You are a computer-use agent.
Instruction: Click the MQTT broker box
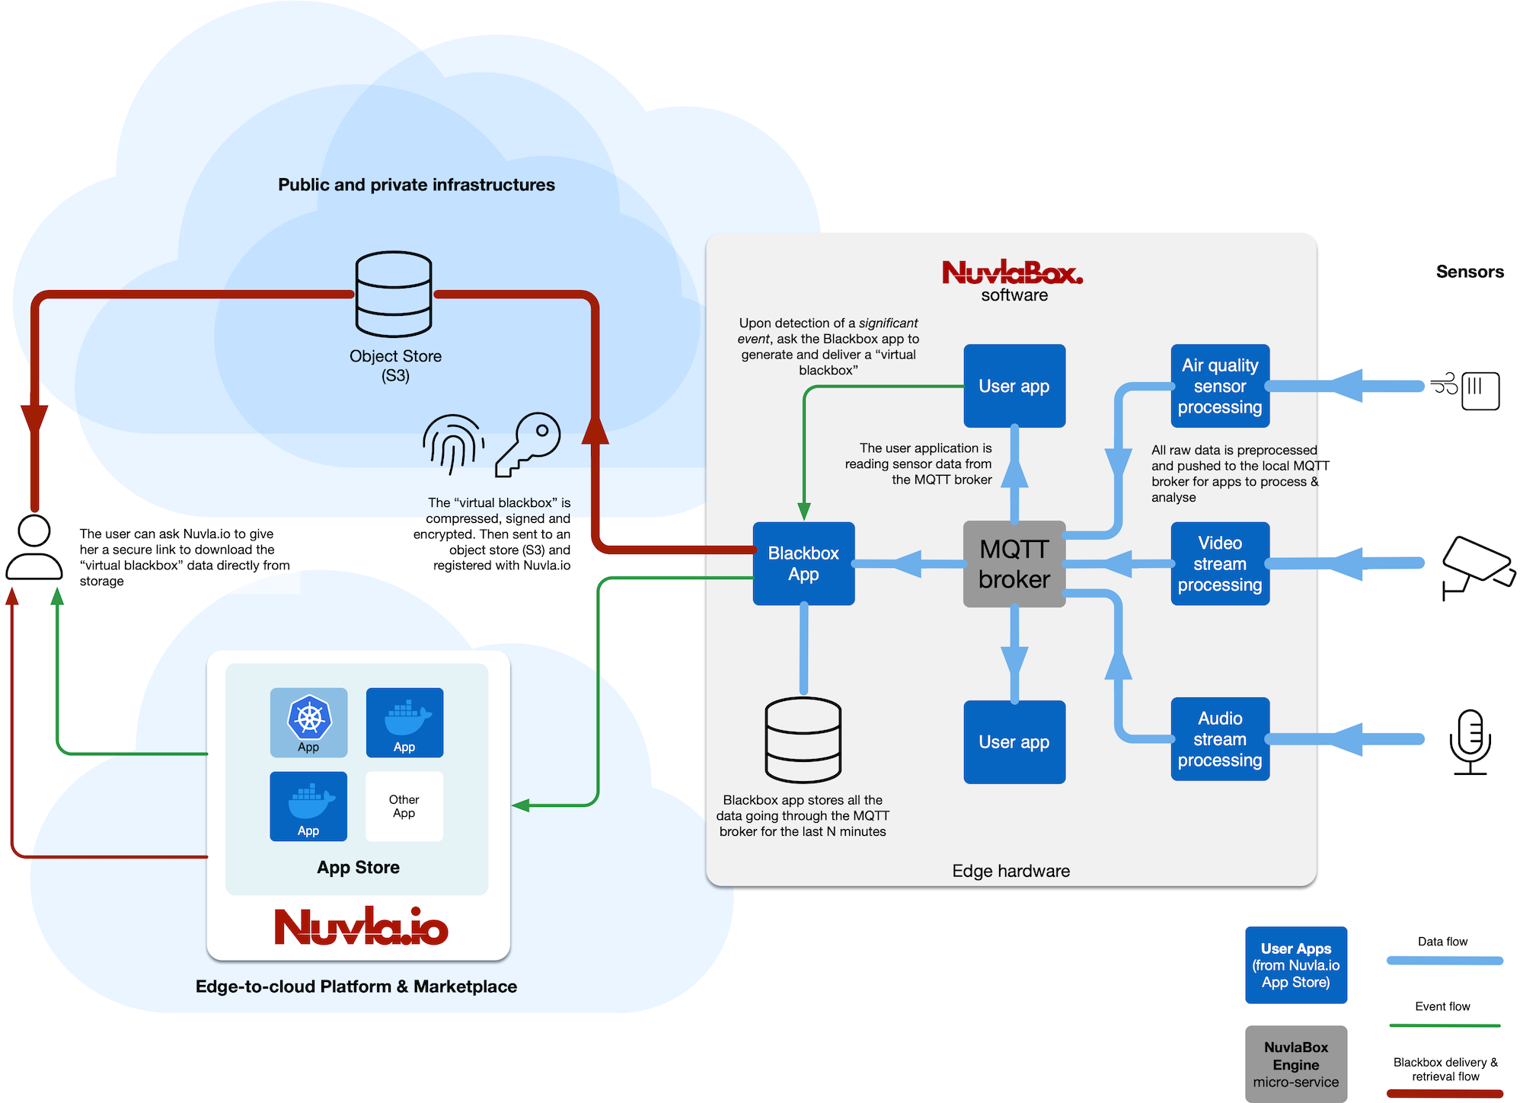[x=1014, y=564]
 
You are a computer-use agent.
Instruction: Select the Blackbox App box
[x=803, y=564]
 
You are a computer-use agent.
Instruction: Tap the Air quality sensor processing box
[x=1220, y=386]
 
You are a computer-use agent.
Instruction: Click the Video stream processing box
[x=1220, y=564]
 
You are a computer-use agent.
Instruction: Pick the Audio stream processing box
[x=1220, y=739]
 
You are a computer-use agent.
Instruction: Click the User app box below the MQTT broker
[x=1014, y=742]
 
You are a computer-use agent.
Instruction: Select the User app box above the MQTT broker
[x=1014, y=386]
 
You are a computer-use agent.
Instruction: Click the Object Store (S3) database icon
[x=394, y=294]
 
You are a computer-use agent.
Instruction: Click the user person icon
[x=34, y=548]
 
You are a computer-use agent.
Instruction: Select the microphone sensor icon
[x=1470, y=742]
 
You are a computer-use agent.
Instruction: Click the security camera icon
[x=1477, y=567]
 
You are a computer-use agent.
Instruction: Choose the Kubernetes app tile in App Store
[x=308, y=722]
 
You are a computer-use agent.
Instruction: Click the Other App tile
[x=404, y=806]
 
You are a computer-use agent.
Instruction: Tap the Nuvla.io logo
[x=361, y=926]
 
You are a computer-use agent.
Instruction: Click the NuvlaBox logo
[x=1012, y=273]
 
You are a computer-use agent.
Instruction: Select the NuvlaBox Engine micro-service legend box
[x=1295, y=1064]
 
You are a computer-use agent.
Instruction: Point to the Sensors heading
[x=1469, y=272]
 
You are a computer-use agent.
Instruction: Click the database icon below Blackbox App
[x=803, y=740]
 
